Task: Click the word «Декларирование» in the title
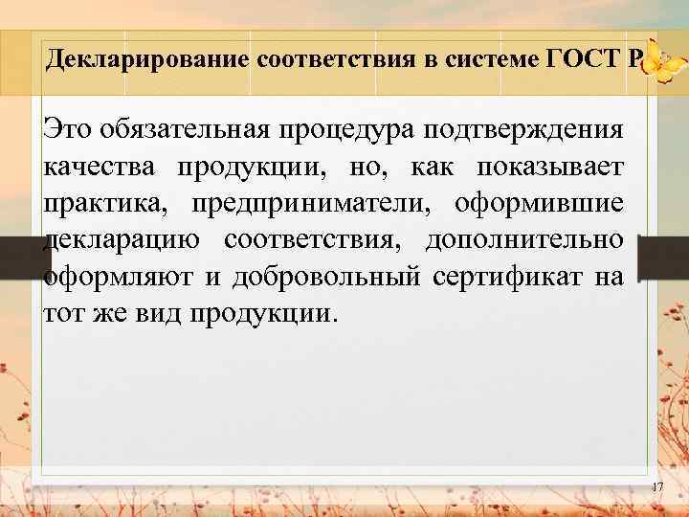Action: coord(147,60)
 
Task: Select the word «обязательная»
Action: coord(178,129)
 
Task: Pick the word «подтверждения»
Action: coord(517,129)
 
